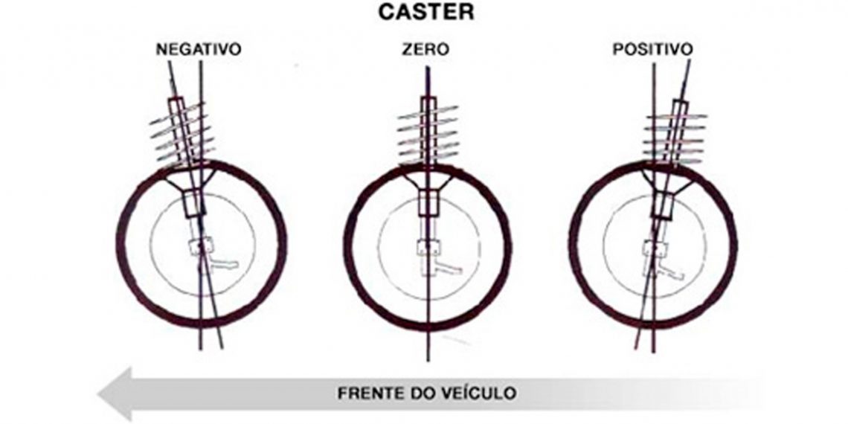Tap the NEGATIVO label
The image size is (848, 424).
[x=199, y=50]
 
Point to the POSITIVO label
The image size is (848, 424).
[x=653, y=50]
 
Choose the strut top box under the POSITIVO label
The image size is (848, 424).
[x=681, y=104]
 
